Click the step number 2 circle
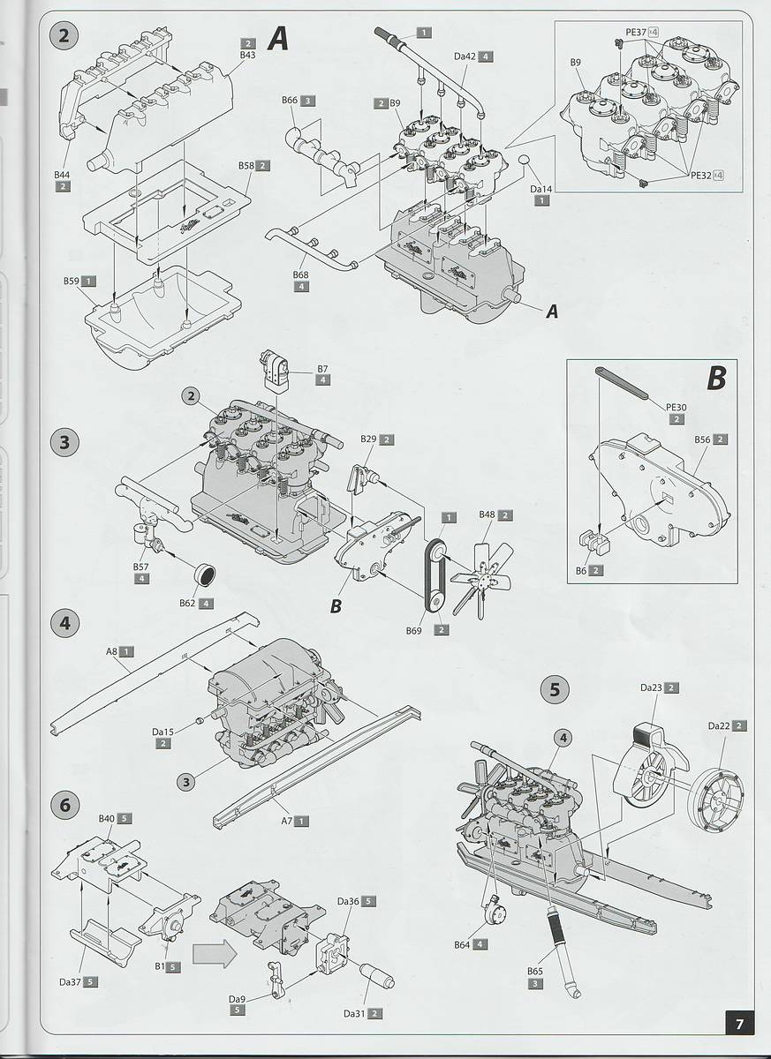coord(64,36)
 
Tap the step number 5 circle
coord(555,690)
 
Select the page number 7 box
coord(739,1024)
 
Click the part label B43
coord(247,55)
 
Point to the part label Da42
coord(465,56)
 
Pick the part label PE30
coord(676,407)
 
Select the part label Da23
coord(651,687)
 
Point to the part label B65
coord(535,971)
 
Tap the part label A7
coord(286,821)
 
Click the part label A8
coord(112,651)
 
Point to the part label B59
coord(72,281)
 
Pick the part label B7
coord(322,367)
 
